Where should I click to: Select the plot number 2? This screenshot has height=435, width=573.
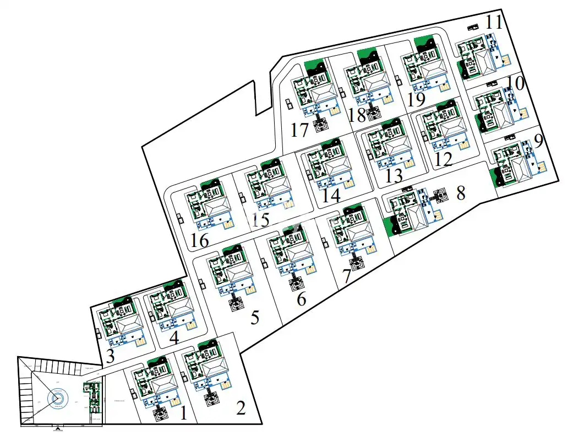[241, 408]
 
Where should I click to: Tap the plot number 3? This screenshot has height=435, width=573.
[110, 356]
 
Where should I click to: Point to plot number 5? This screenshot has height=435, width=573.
[255, 318]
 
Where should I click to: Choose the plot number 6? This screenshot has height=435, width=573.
[301, 299]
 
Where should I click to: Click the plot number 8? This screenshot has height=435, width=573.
[461, 193]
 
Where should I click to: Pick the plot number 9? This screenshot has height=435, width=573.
[538, 141]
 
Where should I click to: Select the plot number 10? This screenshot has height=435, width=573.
[516, 84]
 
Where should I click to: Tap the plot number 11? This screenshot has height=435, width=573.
[494, 23]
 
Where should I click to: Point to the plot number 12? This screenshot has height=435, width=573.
[443, 160]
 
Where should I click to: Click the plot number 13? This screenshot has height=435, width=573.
[394, 176]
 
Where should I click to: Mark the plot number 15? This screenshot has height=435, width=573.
[260, 219]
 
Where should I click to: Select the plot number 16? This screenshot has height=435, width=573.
[199, 241]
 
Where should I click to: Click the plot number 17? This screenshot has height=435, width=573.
[300, 131]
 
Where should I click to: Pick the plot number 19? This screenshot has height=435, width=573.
[417, 100]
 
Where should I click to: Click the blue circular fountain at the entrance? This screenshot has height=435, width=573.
[57, 398]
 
